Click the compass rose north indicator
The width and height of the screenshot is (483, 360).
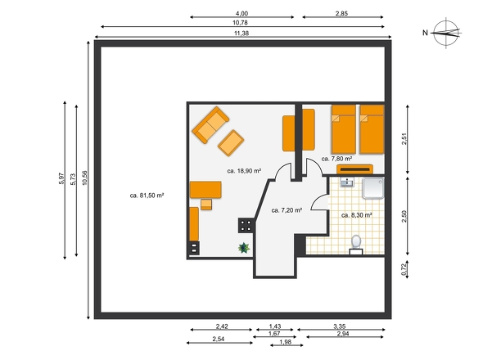coord(447,33)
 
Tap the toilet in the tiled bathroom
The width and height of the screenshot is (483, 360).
coord(356,245)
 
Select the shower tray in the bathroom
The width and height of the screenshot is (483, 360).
coord(373,188)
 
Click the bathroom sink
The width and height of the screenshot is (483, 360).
coord(347,182)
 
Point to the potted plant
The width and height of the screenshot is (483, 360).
coord(244,248)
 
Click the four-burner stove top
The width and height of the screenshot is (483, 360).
coord(246,226)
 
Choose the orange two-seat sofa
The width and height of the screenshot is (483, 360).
coord(210,124)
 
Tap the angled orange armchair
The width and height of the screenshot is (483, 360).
coord(231,143)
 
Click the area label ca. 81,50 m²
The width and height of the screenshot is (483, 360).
coord(147,196)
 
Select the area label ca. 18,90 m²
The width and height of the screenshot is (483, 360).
coord(244,171)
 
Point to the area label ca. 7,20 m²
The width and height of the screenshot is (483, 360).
coord(287,210)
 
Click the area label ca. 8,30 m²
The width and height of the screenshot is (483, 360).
coord(357,215)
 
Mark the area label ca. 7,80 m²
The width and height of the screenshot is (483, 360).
coord(336,159)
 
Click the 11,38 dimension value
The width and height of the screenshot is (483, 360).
coord(241,34)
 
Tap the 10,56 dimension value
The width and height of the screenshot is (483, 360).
coord(84,178)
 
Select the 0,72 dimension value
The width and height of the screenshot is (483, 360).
coord(404,269)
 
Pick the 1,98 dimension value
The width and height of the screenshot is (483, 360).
coord(285,342)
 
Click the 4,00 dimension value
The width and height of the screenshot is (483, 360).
coord(241,13)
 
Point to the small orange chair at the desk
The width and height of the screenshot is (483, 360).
coord(206,205)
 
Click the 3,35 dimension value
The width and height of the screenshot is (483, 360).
coord(340,326)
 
